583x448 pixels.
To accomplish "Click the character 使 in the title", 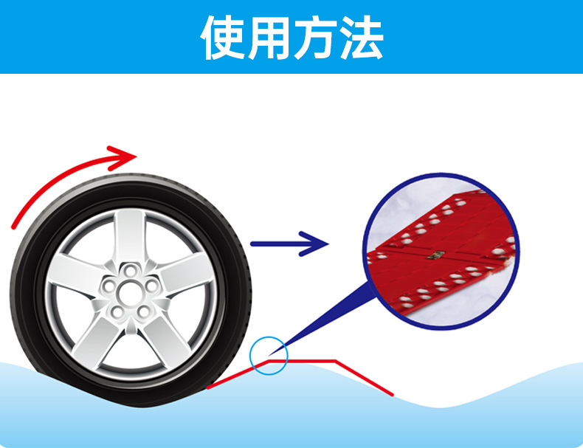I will pyautogui.click(x=223, y=37).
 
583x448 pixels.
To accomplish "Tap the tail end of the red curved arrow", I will pyautogui.click(x=16, y=221).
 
